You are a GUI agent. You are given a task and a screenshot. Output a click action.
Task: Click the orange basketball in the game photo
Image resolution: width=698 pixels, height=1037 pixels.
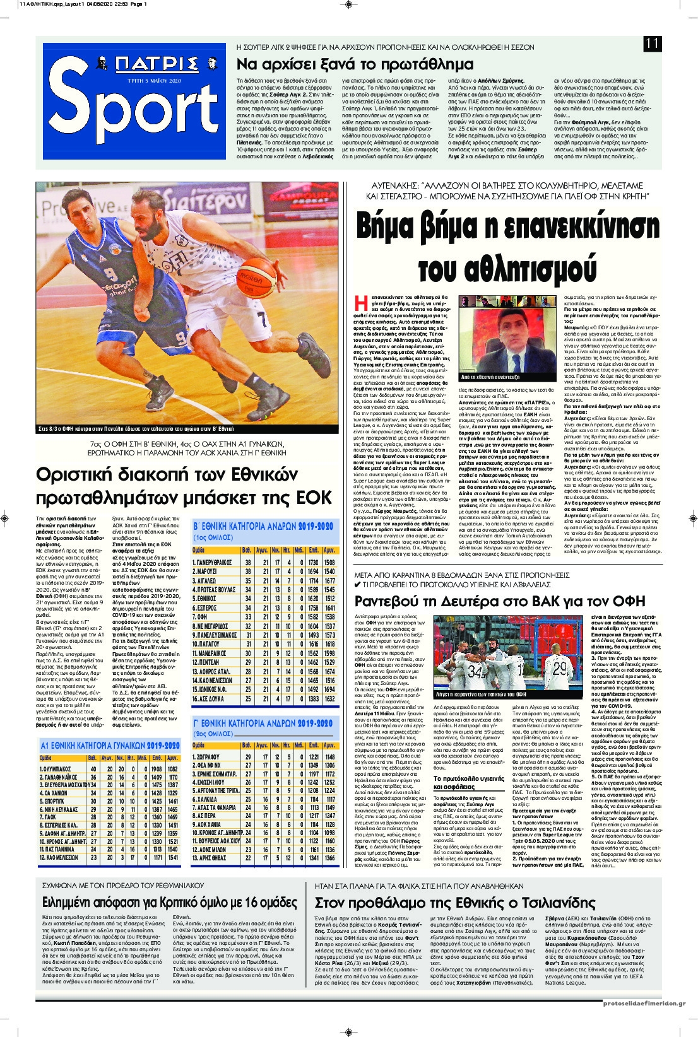click(256, 272)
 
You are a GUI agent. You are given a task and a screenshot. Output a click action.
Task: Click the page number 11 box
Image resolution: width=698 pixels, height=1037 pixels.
click(652, 44)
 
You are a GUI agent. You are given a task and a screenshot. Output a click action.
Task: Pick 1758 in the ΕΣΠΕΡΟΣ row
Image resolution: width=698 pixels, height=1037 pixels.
click(314, 608)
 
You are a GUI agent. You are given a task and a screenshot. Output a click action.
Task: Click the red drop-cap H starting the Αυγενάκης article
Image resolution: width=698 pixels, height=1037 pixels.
click(360, 303)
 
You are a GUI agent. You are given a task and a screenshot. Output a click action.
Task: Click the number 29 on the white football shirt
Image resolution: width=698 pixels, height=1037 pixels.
click(559, 667)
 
